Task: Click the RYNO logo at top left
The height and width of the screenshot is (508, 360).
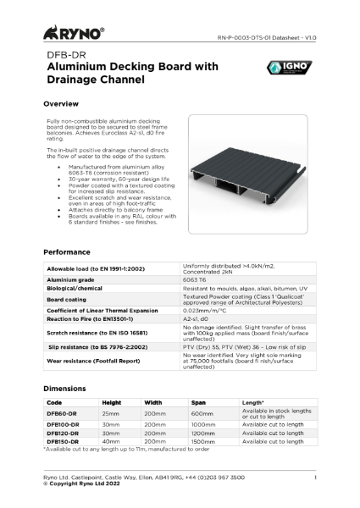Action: [73, 35]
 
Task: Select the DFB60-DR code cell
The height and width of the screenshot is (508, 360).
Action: [62, 412]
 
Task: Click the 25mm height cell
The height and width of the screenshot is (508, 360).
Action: [111, 412]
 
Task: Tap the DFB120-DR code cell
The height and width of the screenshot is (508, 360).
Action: [64, 433]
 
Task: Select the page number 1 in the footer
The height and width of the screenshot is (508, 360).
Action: [315, 479]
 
